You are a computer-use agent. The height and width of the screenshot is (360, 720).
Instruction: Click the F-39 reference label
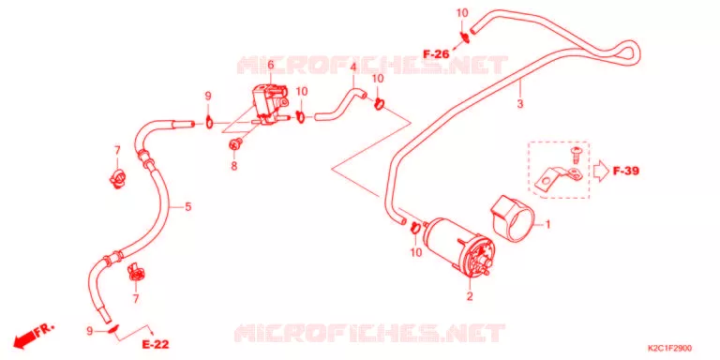(x=626, y=172)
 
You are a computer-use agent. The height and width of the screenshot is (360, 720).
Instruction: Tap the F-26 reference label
(x=436, y=54)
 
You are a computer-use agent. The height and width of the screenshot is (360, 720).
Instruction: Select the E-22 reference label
(x=156, y=344)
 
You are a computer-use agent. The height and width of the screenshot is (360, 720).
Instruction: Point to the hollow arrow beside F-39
(x=600, y=172)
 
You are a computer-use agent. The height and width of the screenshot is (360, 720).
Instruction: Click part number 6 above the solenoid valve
(x=270, y=66)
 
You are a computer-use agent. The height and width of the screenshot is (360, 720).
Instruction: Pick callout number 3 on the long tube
(x=519, y=104)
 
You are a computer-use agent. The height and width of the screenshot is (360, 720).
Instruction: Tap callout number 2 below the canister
(x=470, y=296)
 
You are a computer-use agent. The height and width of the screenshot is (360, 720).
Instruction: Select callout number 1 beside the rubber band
(x=547, y=225)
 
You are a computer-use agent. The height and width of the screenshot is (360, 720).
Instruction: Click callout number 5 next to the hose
(x=187, y=207)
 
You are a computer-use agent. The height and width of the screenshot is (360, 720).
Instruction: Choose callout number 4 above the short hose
(x=353, y=67)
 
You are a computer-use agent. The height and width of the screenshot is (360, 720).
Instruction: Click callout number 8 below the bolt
(x=234, y=166)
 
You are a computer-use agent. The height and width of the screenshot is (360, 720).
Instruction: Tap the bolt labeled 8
(x=235, y=144)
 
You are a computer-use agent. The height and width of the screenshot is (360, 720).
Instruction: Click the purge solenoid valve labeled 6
(x=269, y=105)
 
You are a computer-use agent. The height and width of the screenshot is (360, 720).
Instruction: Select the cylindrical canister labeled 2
(x=459, y=247)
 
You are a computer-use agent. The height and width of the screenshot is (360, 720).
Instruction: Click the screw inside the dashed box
(x=574, y=155)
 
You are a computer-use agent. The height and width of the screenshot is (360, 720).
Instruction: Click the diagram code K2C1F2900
(x=669, y=349)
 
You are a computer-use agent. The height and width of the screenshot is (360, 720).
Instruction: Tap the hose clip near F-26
(x=464, y=37)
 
